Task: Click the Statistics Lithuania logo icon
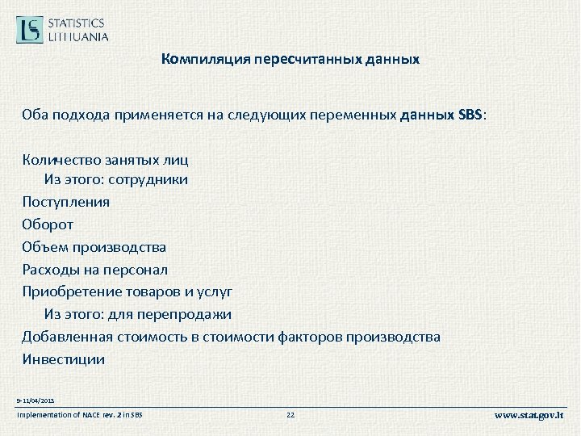coord(30,30)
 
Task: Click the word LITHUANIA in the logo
coord(79,36)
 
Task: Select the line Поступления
coord(66,202)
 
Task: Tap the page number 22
coord(291,416)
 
